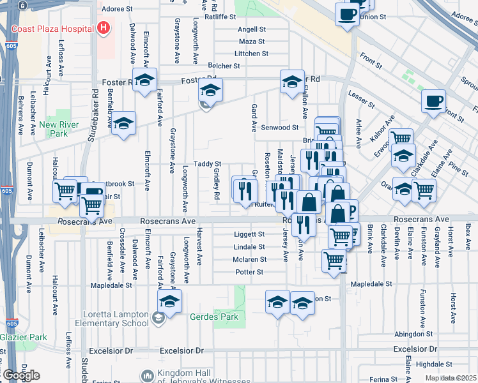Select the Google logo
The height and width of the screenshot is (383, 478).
coord(22,375)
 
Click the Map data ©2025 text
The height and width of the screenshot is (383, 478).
coord(451,378)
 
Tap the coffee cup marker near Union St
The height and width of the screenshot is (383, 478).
coord(347,14)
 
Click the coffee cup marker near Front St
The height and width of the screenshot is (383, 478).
coord(434,100)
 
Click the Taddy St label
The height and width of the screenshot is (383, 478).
coord(208,164)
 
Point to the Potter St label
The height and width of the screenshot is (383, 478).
coord(249,272)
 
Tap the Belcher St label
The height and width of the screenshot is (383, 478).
coord(224,66)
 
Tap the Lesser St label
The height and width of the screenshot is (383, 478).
coord(361,100)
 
